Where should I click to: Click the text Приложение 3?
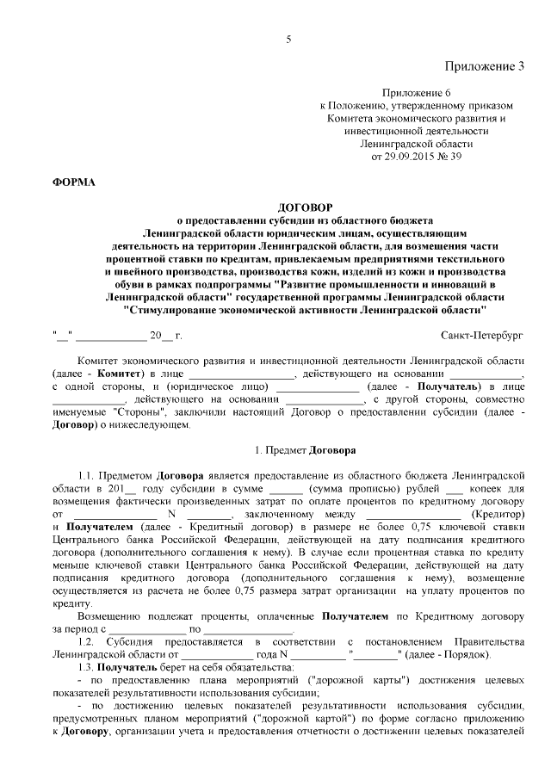(x=485, y=66)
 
